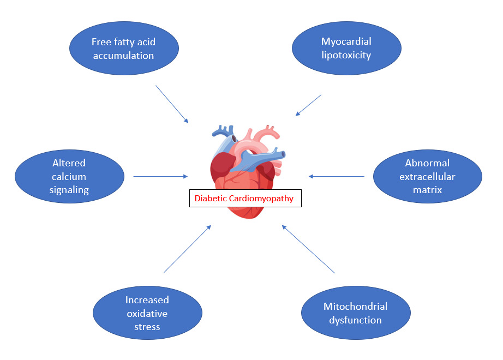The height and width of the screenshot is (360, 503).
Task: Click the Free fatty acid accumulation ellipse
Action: pyautogui.click(x=124, y=49)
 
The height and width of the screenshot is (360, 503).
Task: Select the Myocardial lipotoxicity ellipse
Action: pyautogui.click(x=347, y=49)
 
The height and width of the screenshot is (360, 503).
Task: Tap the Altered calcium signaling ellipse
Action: pyautogui.click(x=69, y=177)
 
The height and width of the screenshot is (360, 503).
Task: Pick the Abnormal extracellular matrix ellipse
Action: pyautogui.click(x=427, y=177)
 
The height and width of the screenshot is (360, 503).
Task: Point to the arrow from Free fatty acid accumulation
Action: pyautogui.click(x=172, y=104)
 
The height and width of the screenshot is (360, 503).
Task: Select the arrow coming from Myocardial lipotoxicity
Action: pyautogui.click(x=309, y=105)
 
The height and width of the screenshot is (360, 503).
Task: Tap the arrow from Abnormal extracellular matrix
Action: pyautogui.click(x=337, y=176)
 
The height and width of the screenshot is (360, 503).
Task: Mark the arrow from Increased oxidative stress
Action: pyautogui.click(x=187, y=249)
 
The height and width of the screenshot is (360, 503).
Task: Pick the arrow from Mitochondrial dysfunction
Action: pyautogui.click(x=309, y=249)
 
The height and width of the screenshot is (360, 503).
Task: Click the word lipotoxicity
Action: pyautogui.click(x=347, y=56)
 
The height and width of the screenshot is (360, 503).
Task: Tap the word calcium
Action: pyautogui.click(x=69, y=177)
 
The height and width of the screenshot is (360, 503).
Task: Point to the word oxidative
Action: pyautogui.click(x=147, y=314)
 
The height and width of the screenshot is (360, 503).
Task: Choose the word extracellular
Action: pyautogui.click(x=427, y=177)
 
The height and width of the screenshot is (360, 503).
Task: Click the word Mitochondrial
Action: pyautogui.click(x=355, y=307)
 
